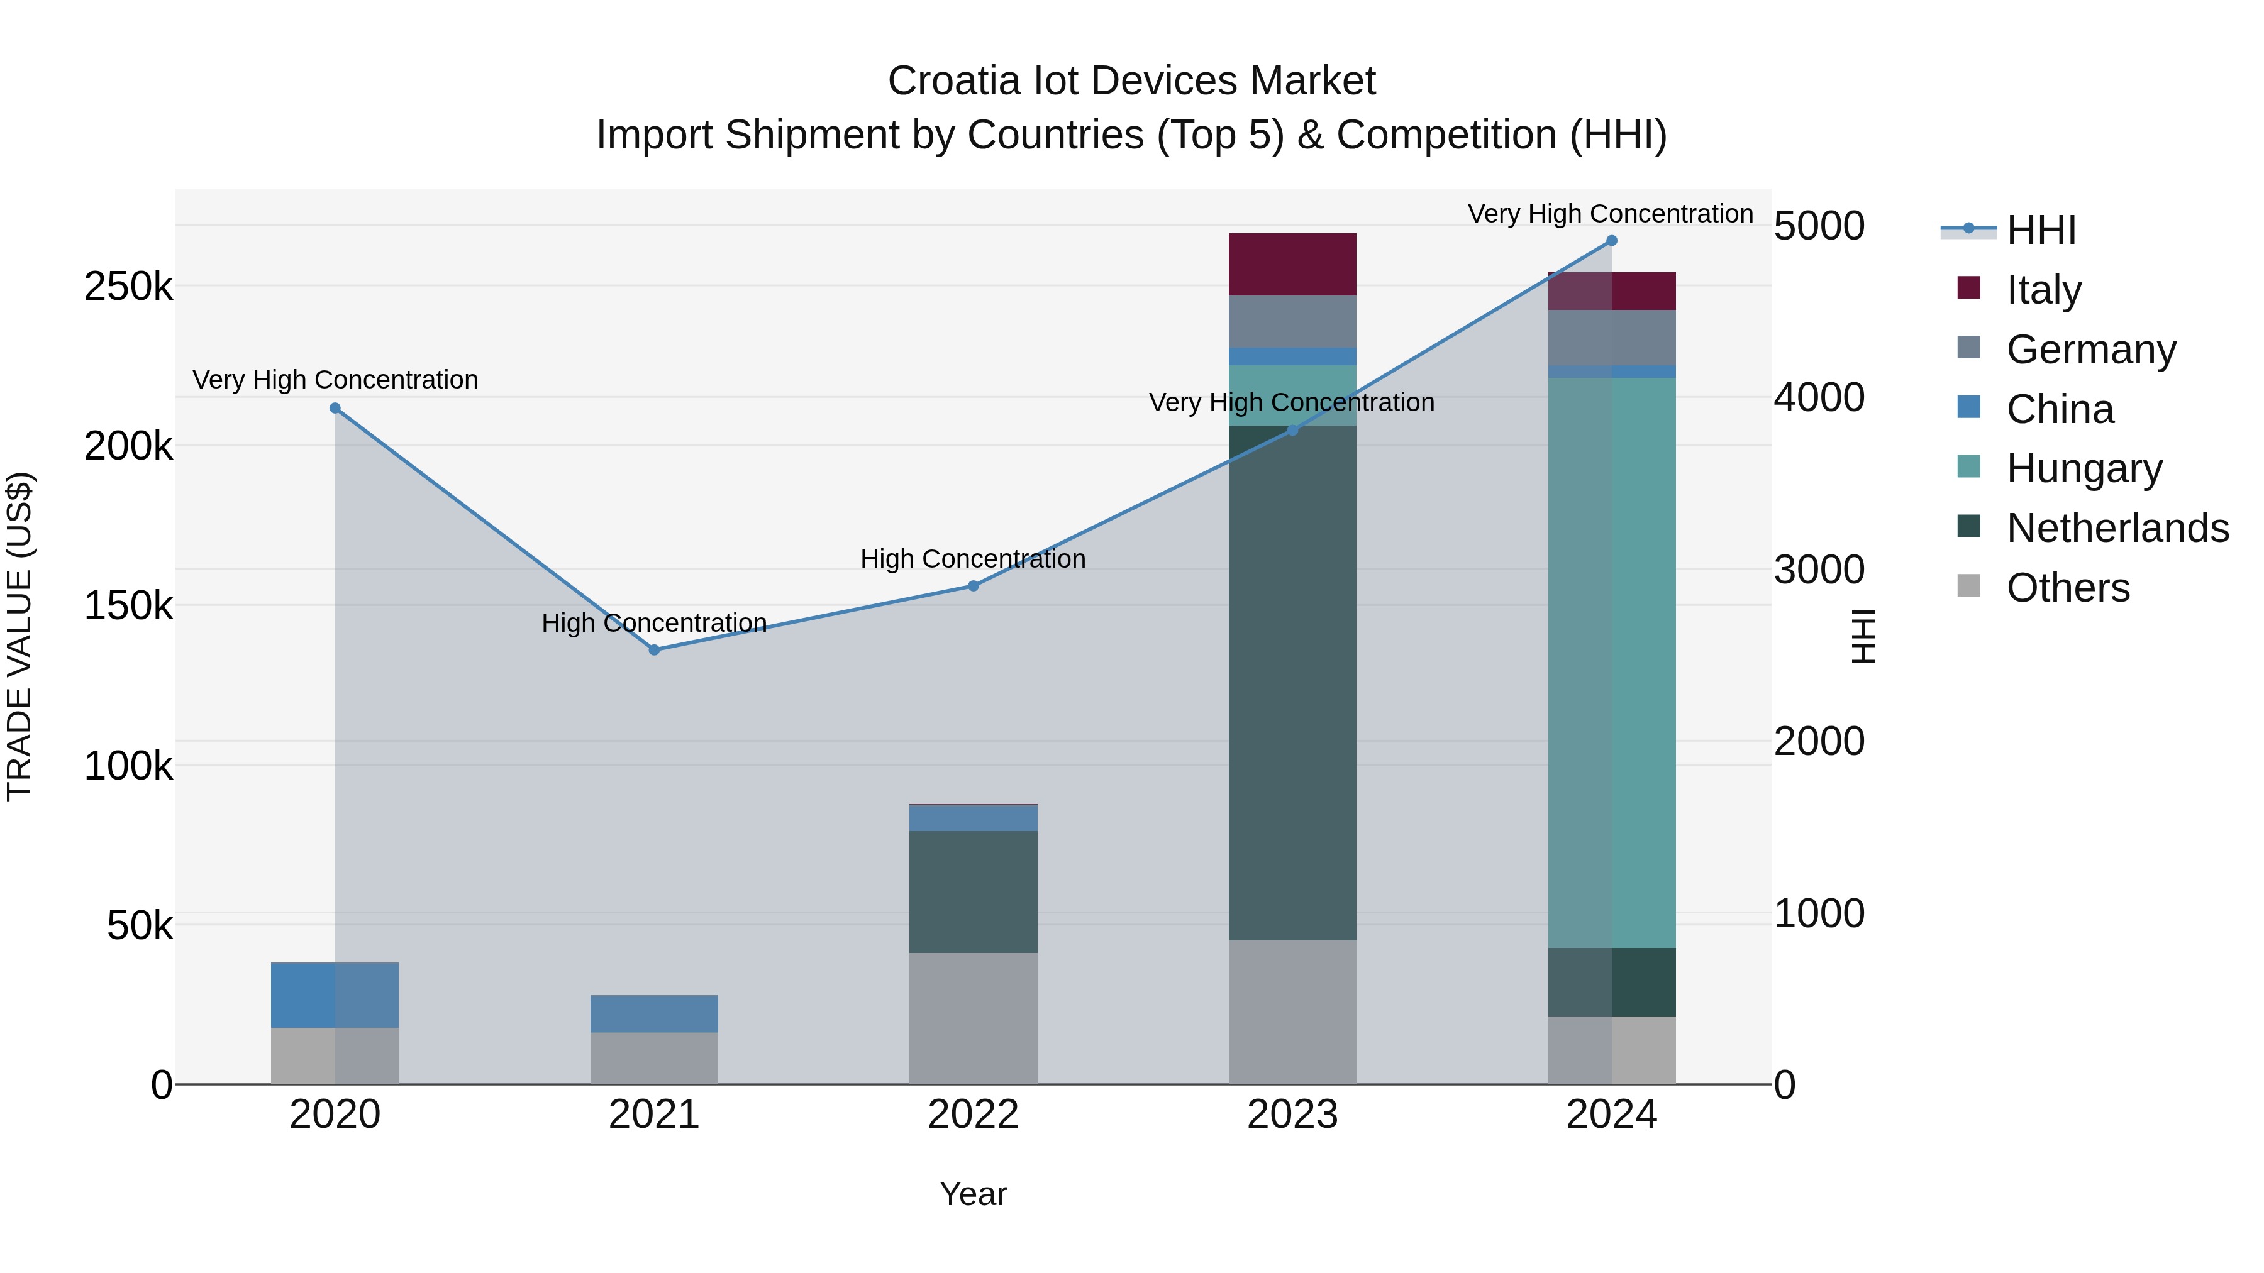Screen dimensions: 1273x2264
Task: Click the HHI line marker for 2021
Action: pyautogui.click(x=654, y=650)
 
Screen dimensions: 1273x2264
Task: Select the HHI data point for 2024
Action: pyautogui.click(x=1611, y=241)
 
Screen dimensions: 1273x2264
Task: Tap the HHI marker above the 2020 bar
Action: pyautogui.click(x=335, y=409)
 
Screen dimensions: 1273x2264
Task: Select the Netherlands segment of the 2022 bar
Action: pyautogui.click(x=973, y=891)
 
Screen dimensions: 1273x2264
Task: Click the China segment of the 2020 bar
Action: pyautogui.click(x=335, y=995)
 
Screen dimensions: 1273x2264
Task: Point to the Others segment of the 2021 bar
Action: pyautogui.click(x=654, y=1058)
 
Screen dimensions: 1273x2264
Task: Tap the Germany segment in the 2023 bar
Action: pyautogui.click(x=1292, y=321)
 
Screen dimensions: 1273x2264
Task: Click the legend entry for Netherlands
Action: pyautogui.click(x=2116, y=528)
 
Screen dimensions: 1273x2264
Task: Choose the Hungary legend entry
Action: pyautogui.click(x=2083, y=468)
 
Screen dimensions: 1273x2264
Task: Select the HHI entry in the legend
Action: pyautogui.click(x=2041, y=230)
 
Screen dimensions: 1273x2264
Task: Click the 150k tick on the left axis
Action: pyautogui.click(x=128, y=606)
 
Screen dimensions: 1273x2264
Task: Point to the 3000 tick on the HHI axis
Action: pyautogui.click(x=1818, y=570)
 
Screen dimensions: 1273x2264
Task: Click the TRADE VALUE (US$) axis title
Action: pyautogui.click(x=19, y=636)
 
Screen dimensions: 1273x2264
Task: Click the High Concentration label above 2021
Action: pyautogui.click(x=654, y=623)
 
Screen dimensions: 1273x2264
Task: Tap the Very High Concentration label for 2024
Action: pyautogui.click(x=1610, y=214)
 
